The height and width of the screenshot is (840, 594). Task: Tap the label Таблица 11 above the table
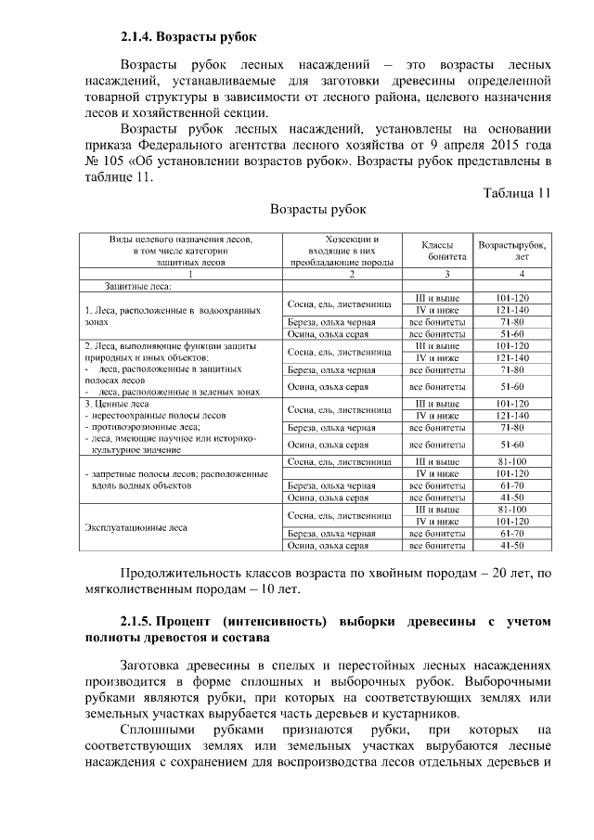(x=517, y=193)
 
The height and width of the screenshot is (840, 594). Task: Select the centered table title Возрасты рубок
(x=318, y=210)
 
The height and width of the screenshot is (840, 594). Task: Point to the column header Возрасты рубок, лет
(x=512, y=250)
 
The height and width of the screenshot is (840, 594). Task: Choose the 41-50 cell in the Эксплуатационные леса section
(x=512, y=546)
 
